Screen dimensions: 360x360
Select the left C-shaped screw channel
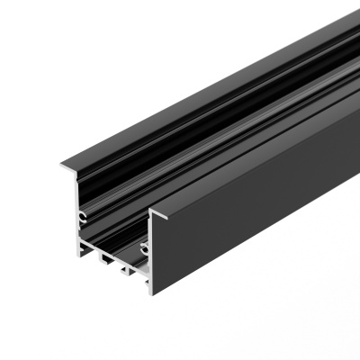pos(82,216)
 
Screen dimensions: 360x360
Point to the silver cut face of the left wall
pos(78,202)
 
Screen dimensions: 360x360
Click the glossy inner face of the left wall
pos(99,193)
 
